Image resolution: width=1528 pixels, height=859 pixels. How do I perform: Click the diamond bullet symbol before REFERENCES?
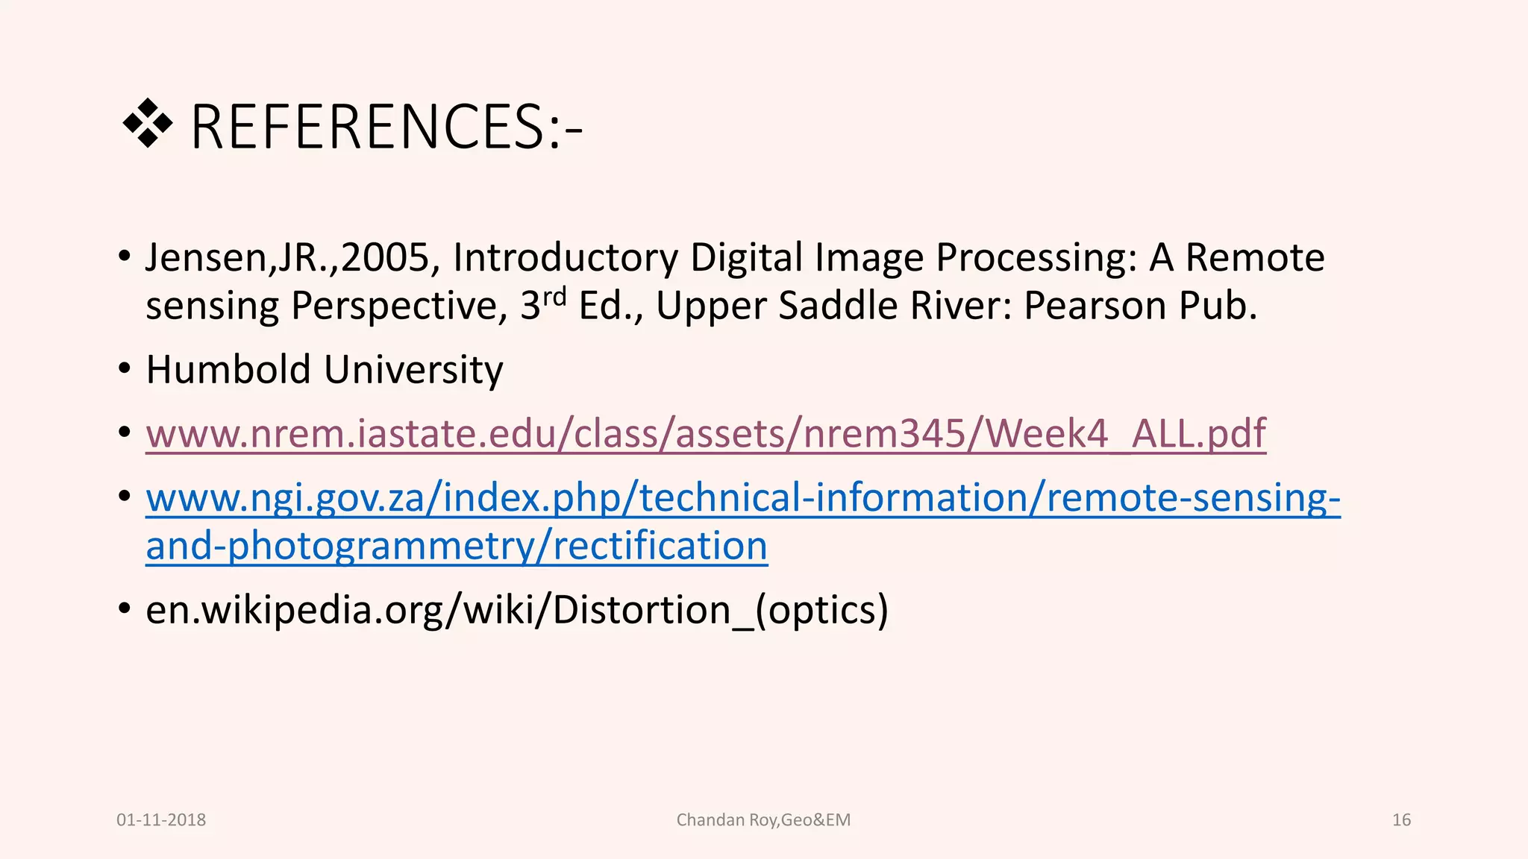(x=147, y=124)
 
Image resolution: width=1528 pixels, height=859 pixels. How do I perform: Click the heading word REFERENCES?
(x=369, y=128)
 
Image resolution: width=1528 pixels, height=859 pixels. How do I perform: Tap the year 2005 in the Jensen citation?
(x=385, y=258)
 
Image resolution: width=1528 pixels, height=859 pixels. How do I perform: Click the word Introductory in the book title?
(x=566, y=258)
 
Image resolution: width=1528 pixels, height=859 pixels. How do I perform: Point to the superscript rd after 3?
(x=554, y=296)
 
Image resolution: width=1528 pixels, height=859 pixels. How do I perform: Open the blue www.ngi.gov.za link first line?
(x=742, y=498)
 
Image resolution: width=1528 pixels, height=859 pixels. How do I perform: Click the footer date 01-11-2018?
(x=161, y=820)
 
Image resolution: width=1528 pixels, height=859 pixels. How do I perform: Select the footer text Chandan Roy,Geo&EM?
(x=763, y=820)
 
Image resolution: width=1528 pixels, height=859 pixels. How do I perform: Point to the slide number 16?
(x=1401, y=820)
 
